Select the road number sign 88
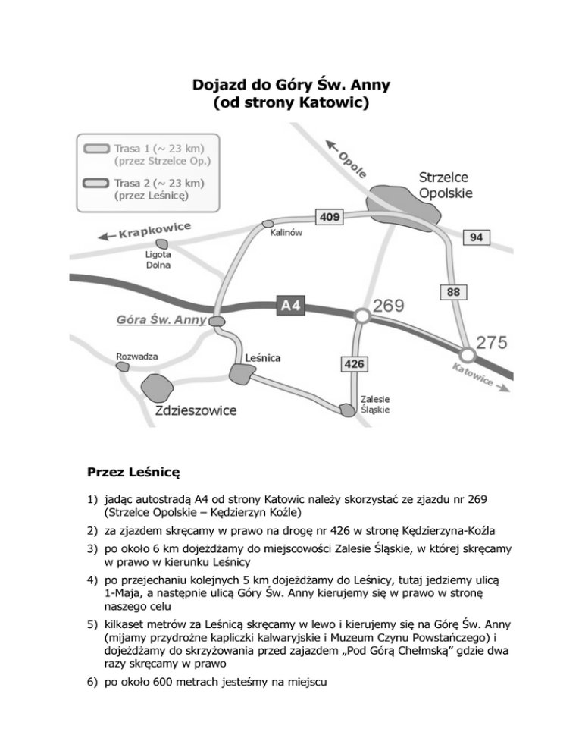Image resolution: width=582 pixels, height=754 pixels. [x=452, y=291]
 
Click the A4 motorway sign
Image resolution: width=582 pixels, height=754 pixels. [x=291, y=306]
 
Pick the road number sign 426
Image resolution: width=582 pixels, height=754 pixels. [x=354, y=365]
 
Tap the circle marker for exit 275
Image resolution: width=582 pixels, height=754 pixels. [x=468, y=354]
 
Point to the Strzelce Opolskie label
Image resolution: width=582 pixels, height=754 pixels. [x=446, y=184]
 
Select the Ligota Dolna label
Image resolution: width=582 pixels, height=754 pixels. [x=158, y=260]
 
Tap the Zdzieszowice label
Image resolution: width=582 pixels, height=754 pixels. [x=195, y=411]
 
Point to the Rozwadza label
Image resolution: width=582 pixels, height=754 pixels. [x=136, y=356]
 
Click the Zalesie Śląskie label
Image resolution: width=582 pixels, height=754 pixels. [x=377, y=402]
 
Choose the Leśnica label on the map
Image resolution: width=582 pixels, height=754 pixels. [x=264, y=357]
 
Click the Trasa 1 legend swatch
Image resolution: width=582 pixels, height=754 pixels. [x=95, y=149]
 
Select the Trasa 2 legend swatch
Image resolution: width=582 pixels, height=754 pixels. [x=95, y=183]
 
